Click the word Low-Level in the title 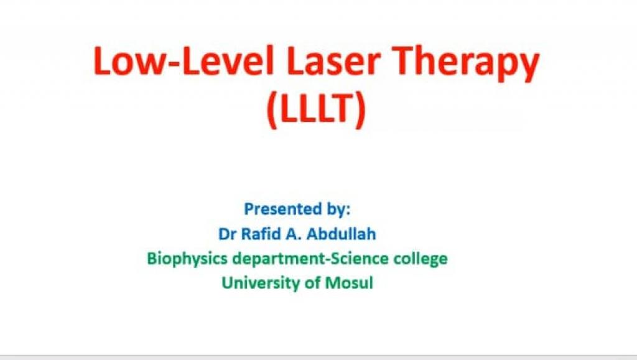click(184, 60)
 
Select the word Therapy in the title click(467, 64)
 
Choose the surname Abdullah click(342, 234)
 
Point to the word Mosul click(349, 283)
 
